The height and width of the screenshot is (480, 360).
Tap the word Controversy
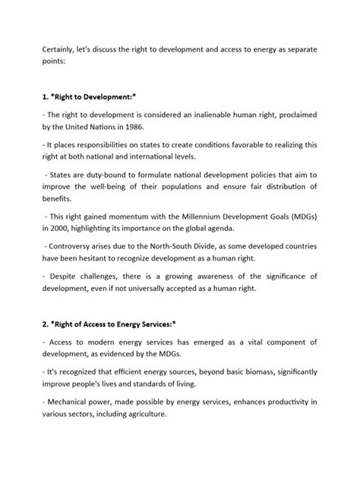point(75,246)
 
